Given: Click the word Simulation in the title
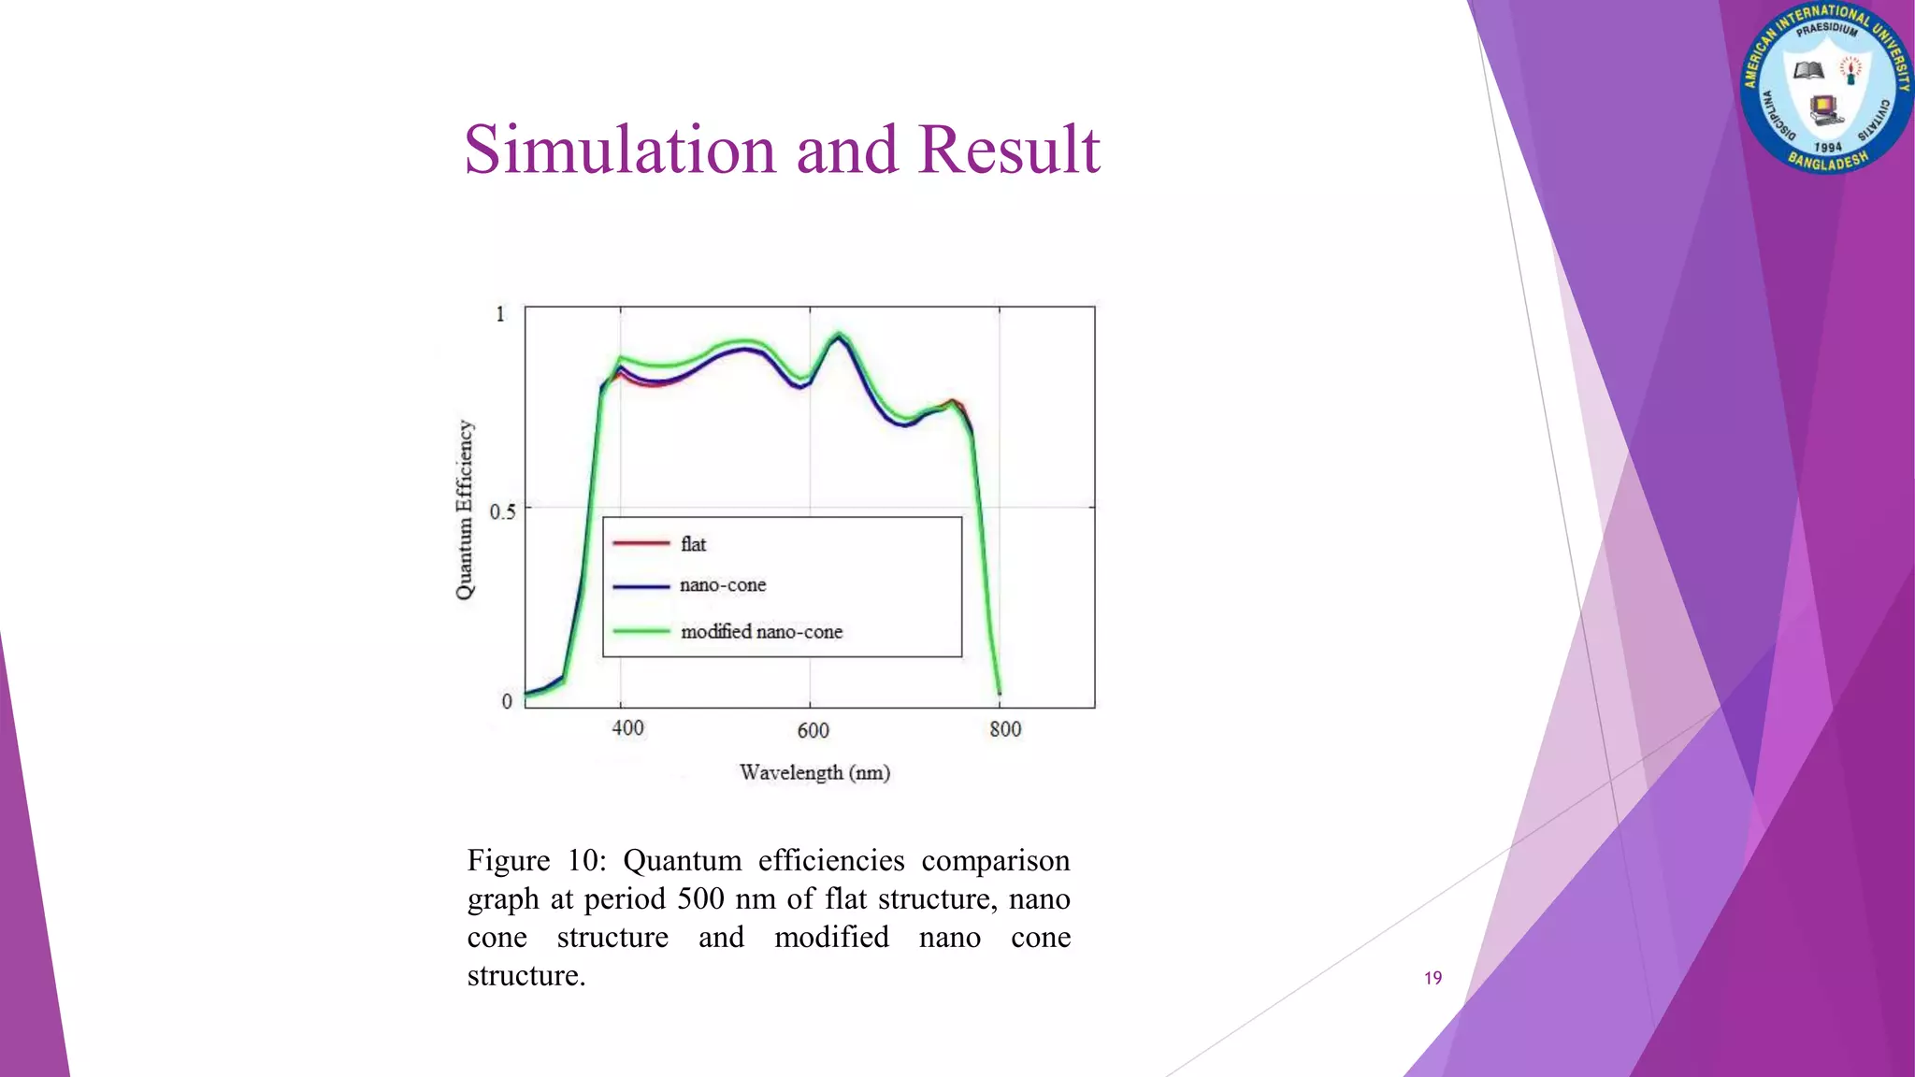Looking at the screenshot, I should (620, 150).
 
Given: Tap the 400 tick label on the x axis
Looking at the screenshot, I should (627, 728).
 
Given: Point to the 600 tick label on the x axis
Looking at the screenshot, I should (813, 730).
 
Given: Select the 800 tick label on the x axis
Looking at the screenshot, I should (1005, 729).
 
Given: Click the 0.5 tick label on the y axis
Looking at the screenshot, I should (502, 511).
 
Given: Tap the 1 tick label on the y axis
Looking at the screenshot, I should (500, 314).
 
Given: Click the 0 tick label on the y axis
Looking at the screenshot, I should (507, 701).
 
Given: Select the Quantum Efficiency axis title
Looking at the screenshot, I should (465, 510).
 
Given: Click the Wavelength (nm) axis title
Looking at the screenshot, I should (814, 772).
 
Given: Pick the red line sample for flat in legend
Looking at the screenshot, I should (641, 543).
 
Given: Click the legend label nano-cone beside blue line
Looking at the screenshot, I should (723, 585).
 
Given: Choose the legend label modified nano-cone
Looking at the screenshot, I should (761, 632).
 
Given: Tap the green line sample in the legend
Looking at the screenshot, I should (641, 632).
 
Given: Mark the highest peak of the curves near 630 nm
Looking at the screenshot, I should (839, 334).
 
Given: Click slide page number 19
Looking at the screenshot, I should (1433, 978).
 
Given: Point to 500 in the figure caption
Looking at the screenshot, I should (700, 898).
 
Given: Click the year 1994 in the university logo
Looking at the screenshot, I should (1827, 147).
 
